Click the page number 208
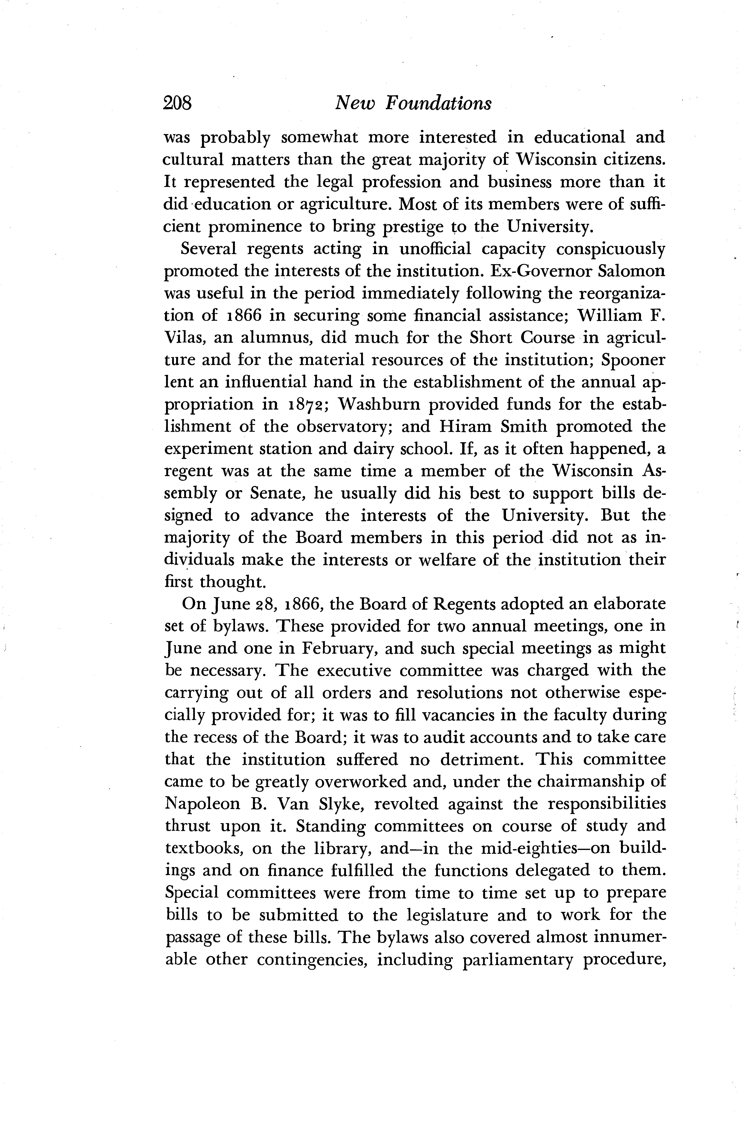[x=177, y=103]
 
